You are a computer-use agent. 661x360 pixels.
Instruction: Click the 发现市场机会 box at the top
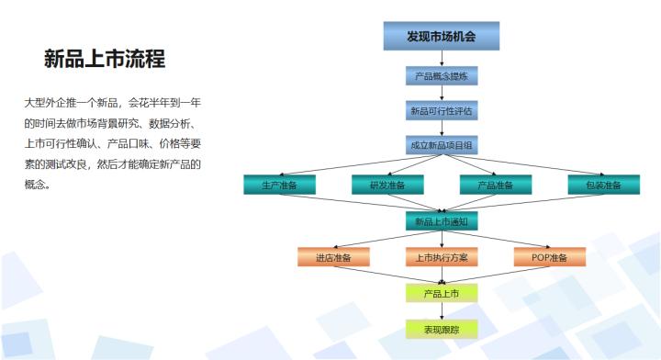pyautogui.click(x=441, y=36)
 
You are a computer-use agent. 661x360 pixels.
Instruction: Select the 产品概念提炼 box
pyautogui.click(x=441, y=76)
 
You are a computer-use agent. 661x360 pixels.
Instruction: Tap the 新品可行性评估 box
pyautogui.click(x=441, y=111)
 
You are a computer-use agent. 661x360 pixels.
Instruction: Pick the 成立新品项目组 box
pyautogui.click(x=441, y=146)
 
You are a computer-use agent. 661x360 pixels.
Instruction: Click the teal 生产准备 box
pyautogui.click(x=279, y=185)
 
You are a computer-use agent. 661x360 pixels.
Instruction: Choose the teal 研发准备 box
pyautogui.click(x=387, y=185)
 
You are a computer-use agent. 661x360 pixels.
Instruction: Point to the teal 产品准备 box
pyautogui.click(x=495, y=185)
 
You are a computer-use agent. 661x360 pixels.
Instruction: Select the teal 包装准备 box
pyautogui.click(x=603, y=185)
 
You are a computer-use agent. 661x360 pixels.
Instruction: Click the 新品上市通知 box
pyautogui.click(x=441, y=221)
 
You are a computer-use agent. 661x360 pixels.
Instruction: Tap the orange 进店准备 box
pyautogui.click(x=332, y=257)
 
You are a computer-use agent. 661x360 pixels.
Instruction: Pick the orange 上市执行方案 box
pyautogui.click(x=441, y=257)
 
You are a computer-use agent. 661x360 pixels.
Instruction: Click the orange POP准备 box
pyautogui.click(x=549, y=257)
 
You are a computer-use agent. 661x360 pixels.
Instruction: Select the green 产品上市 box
pyautogui.click(x=441, y=294)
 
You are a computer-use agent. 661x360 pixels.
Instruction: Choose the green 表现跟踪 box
pyautogui.click(x=441, y=329)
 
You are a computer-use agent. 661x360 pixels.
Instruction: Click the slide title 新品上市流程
pyautogui.click(x=105, y=60)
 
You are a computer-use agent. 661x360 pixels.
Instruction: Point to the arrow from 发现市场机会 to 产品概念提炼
pyautogui.click(x=441, y=58)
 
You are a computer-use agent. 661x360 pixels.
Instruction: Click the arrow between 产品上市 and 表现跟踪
pyautogui.click(x=441, y=311)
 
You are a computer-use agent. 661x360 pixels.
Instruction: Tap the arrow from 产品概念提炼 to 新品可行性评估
pyautogui.click(x=441, y=94)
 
